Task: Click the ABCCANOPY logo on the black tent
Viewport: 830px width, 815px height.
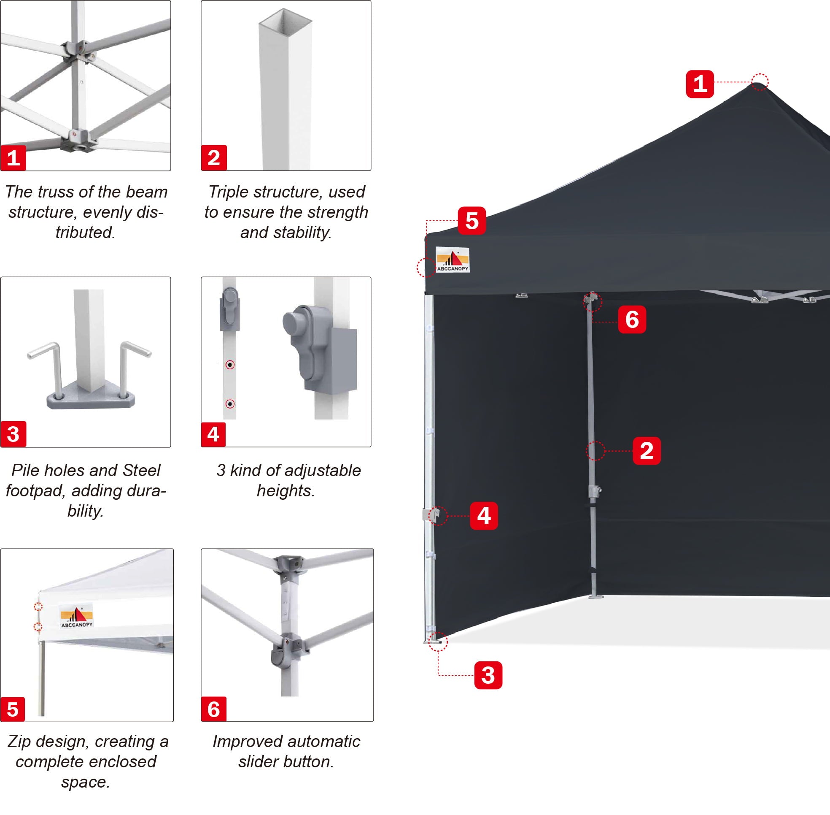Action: [452, 260]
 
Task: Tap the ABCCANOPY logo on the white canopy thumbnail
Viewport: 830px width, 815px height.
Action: [77, 617]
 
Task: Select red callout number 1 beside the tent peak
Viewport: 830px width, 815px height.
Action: [700, 84]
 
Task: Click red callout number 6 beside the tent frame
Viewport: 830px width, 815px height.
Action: [632, 320]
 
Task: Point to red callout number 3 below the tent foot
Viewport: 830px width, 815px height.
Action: [488, 675]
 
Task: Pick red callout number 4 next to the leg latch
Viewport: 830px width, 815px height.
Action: [484, 516]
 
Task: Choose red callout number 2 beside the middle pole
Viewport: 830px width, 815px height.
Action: [647, 451]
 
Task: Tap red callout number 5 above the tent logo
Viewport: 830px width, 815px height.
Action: [472, 220]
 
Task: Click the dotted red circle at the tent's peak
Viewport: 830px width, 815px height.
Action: [760, 82]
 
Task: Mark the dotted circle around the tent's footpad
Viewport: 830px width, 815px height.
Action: [438, 641]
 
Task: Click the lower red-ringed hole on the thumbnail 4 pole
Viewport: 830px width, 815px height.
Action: [230, 403]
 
